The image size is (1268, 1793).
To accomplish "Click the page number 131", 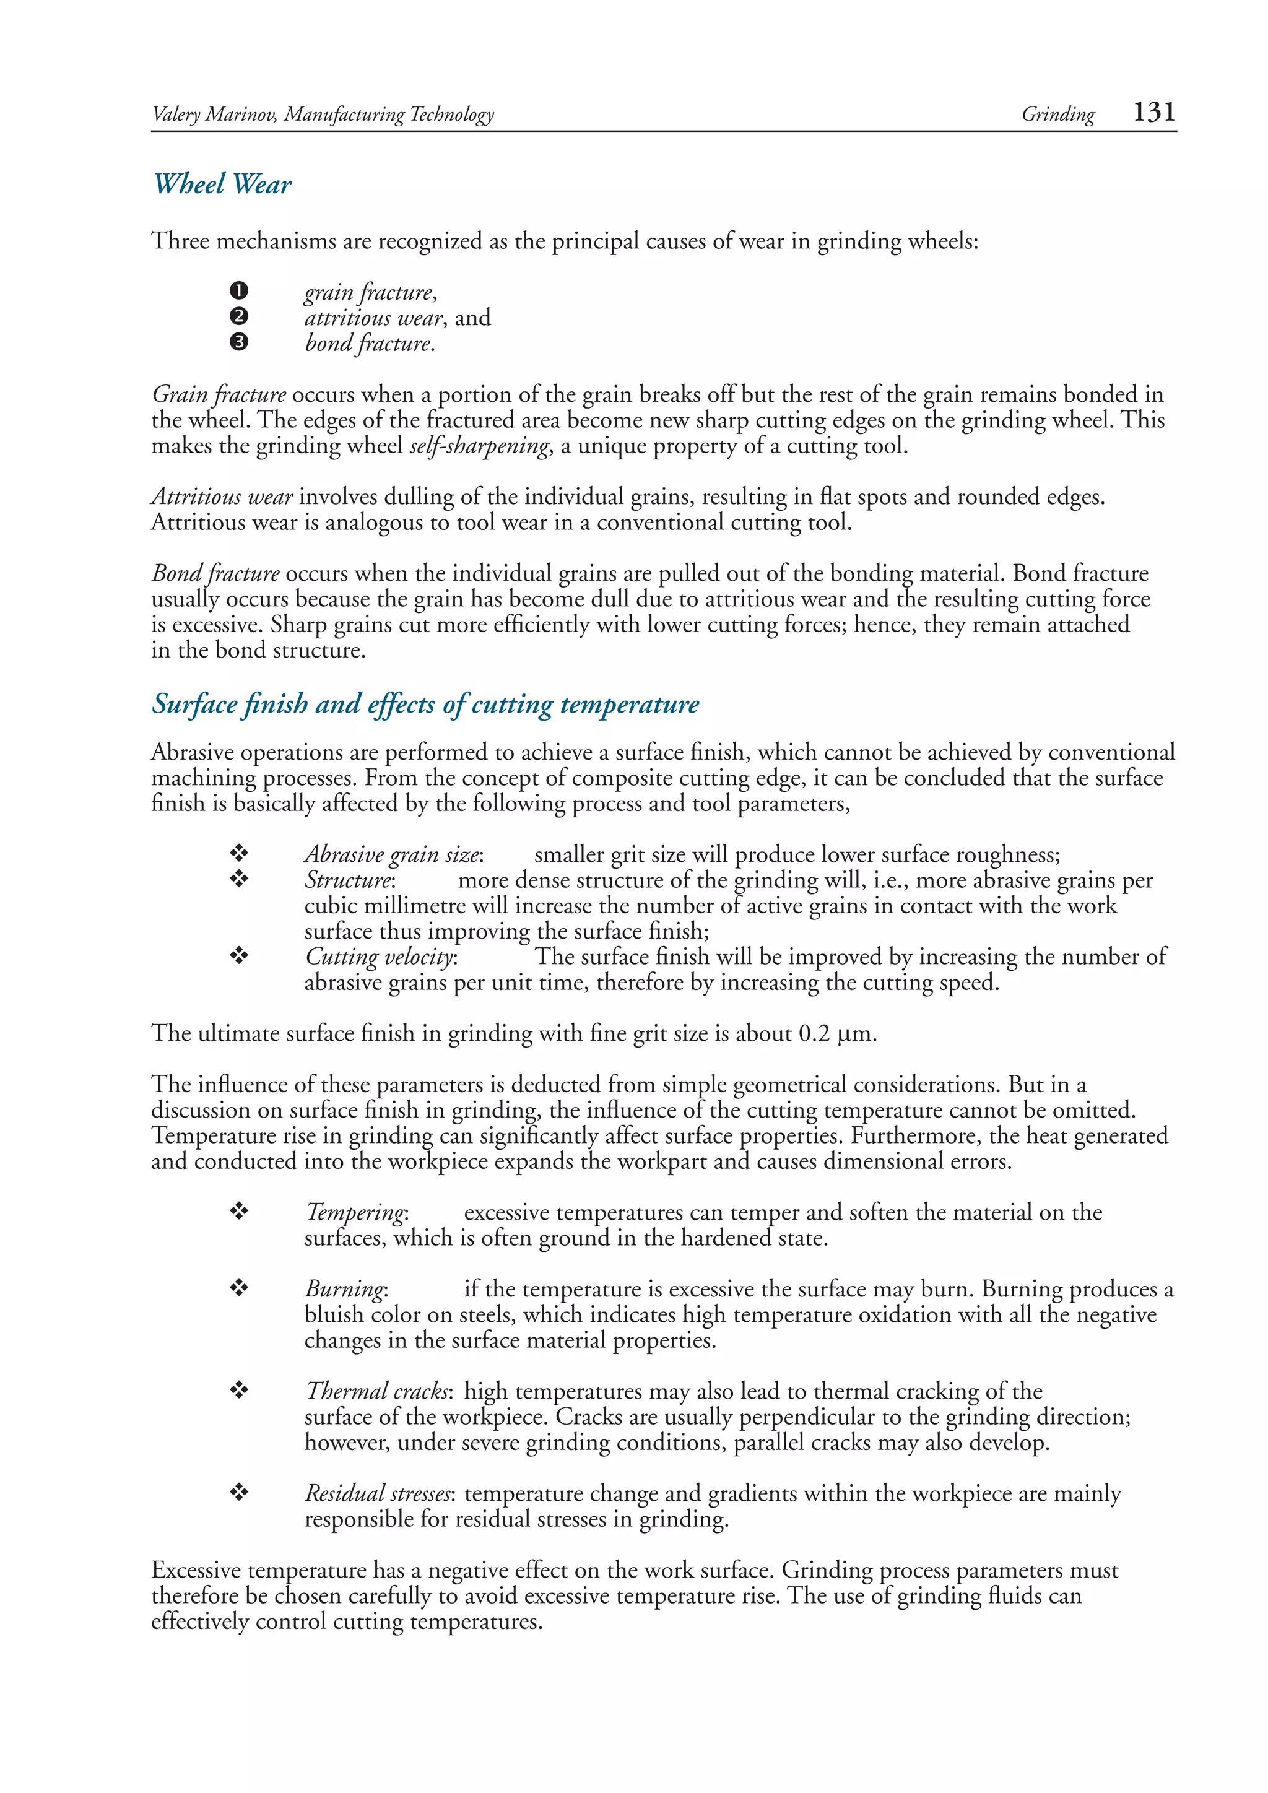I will pos(1153,113).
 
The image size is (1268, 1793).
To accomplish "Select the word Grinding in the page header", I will pos(1058,115).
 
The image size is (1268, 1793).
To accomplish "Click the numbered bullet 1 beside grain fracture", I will pos(239,291).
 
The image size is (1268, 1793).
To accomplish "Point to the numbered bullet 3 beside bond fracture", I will pos(239,342).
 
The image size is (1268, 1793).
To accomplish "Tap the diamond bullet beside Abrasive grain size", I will pos(239,853).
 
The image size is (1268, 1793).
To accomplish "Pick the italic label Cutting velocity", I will pos(380,957).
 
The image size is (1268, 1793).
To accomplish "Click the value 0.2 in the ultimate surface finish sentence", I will pos(814,1033).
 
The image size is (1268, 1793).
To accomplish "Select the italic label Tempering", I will pos(356,1212).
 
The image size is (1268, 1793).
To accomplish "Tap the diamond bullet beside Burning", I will pos(239,1288).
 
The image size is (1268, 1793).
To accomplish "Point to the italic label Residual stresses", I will pos(378,1493).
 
